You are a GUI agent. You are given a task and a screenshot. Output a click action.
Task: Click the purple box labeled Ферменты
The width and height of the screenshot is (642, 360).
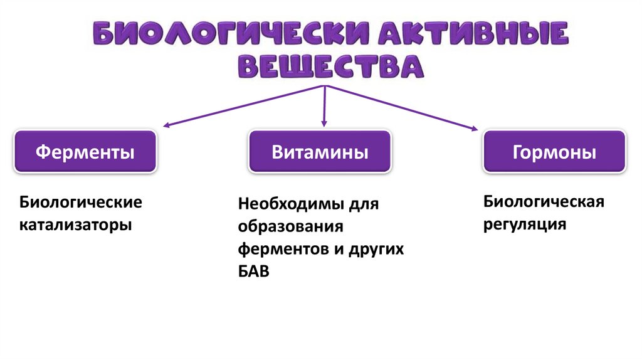[85, 152]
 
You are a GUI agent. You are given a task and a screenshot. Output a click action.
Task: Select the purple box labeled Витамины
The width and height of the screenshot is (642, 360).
[320, 152]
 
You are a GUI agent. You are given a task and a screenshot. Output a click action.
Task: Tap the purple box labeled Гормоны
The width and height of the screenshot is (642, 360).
[554, 152]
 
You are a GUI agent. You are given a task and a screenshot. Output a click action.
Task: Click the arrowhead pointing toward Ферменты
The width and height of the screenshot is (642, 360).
[167, 125]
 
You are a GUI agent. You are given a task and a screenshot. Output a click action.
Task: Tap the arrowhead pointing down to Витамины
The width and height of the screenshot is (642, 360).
[324, 125]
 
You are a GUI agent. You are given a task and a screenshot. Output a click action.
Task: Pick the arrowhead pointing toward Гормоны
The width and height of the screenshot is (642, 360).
[473, 129]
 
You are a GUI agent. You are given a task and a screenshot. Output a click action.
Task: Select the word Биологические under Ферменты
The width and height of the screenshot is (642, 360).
[81, 203]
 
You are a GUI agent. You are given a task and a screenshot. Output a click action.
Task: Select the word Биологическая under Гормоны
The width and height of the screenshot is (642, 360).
[543, 202]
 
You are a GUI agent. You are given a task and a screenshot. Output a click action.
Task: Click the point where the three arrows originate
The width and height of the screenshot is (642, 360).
[324, 85]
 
